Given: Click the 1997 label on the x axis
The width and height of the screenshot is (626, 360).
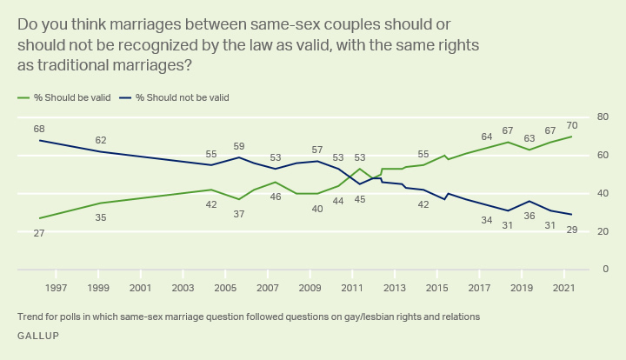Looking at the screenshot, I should click(x=57, y=287).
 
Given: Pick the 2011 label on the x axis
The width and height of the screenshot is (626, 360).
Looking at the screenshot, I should click(x=351, y=287).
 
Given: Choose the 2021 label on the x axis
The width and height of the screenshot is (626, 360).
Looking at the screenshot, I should click(x=563, y=287).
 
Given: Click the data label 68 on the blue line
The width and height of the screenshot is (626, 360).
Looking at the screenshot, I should click(x=39, y=129).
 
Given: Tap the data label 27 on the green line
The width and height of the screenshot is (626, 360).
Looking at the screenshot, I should click(x=39, y=232).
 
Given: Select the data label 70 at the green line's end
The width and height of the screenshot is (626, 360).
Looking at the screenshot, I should click(x=571, y=124).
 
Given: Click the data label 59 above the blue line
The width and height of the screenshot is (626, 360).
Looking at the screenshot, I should click(x=239, y=146).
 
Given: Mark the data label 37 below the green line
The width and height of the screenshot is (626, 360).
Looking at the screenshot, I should click(x=239, y=214).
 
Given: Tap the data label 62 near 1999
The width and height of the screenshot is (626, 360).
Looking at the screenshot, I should click(x=101, y=140).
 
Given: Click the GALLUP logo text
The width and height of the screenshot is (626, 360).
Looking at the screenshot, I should click(x=39, y=335).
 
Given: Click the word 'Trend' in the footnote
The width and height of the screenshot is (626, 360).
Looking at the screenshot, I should click(x=30, y=317).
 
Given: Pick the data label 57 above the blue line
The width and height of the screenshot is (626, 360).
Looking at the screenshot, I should click(x=317, y=150).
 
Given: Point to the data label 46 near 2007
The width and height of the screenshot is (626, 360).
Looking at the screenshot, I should click(x=275, y=197).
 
